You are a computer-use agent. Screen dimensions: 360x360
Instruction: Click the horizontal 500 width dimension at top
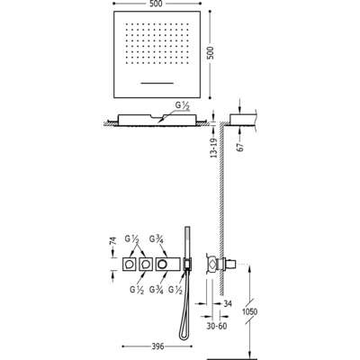point(157,4)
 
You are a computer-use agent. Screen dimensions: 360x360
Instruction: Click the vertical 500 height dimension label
point(211,53)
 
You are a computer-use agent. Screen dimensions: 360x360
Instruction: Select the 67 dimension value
point(241,147)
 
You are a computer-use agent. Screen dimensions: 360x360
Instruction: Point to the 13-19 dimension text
point(213,147)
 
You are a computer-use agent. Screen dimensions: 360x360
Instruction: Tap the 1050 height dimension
point(249,311)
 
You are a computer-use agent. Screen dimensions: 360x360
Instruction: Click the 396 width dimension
point(157,346)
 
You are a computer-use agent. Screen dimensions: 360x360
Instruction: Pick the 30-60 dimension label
point(217,326)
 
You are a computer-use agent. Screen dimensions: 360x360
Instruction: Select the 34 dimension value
point(228,303)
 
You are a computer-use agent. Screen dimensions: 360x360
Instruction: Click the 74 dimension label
point(112,241)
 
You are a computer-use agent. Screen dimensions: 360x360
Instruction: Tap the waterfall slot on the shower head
point(157,83)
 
